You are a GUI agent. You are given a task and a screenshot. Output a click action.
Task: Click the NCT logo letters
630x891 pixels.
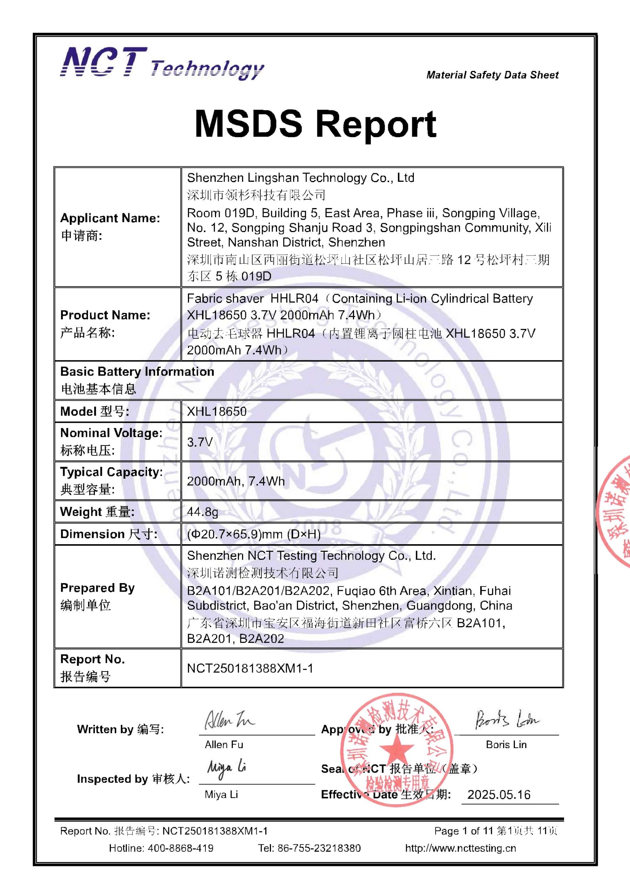pyautogui.click(x=104, y=62)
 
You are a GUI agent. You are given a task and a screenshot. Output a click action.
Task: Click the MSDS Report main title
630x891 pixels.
pyautogui.click(x=315, y=124)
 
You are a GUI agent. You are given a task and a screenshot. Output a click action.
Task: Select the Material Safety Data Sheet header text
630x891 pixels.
pyautogui.click(x=492, y=75)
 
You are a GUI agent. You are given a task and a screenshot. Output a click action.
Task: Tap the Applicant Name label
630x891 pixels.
pyautogui.click(x=110, y=218)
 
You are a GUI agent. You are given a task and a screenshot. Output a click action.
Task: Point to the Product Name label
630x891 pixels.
pyautogui.click(x=105, y=315)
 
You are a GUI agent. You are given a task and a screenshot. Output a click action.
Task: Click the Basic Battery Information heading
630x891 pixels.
pyautogui.click(x=137, y=371)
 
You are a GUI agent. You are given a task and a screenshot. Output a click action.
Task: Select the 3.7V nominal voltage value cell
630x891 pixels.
pyautogui.click(x=200, y=442)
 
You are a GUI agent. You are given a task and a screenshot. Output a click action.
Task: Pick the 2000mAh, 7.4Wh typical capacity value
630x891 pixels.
pyautogui.click(x=236, y=481)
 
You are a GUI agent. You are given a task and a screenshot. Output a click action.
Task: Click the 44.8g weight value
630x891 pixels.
pyautogui.click(x=203, y=512)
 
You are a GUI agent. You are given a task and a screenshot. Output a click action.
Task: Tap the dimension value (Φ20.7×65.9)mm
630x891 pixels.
pyautogui.click(x=254, y=534)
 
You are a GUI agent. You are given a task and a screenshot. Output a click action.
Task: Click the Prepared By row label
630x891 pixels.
pyautogui.click(x=97, y=588)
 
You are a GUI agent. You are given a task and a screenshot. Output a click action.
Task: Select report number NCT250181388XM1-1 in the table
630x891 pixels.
pyautogui.click(x=250, y=668)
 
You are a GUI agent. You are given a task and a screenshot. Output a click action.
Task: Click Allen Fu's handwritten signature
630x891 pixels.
pyautogui.click(x=229, y=720)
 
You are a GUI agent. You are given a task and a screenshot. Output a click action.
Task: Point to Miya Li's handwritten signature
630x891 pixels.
pyautogui.click(x=226, y=768)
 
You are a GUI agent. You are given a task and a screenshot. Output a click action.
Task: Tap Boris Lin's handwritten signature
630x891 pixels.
pyautogui.click(x=507, y=720)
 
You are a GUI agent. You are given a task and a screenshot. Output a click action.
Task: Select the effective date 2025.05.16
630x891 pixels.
pyautogui.click(x=499, y=794)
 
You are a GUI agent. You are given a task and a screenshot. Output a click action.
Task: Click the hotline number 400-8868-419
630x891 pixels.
pyautogui.click(x=180, y=848)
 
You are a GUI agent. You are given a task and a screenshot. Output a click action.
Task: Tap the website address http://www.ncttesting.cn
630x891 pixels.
pyautogui.click(x=460, y=848)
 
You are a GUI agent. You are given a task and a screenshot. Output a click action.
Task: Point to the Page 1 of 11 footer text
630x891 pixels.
pyautogui.click(x=463, y=831)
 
